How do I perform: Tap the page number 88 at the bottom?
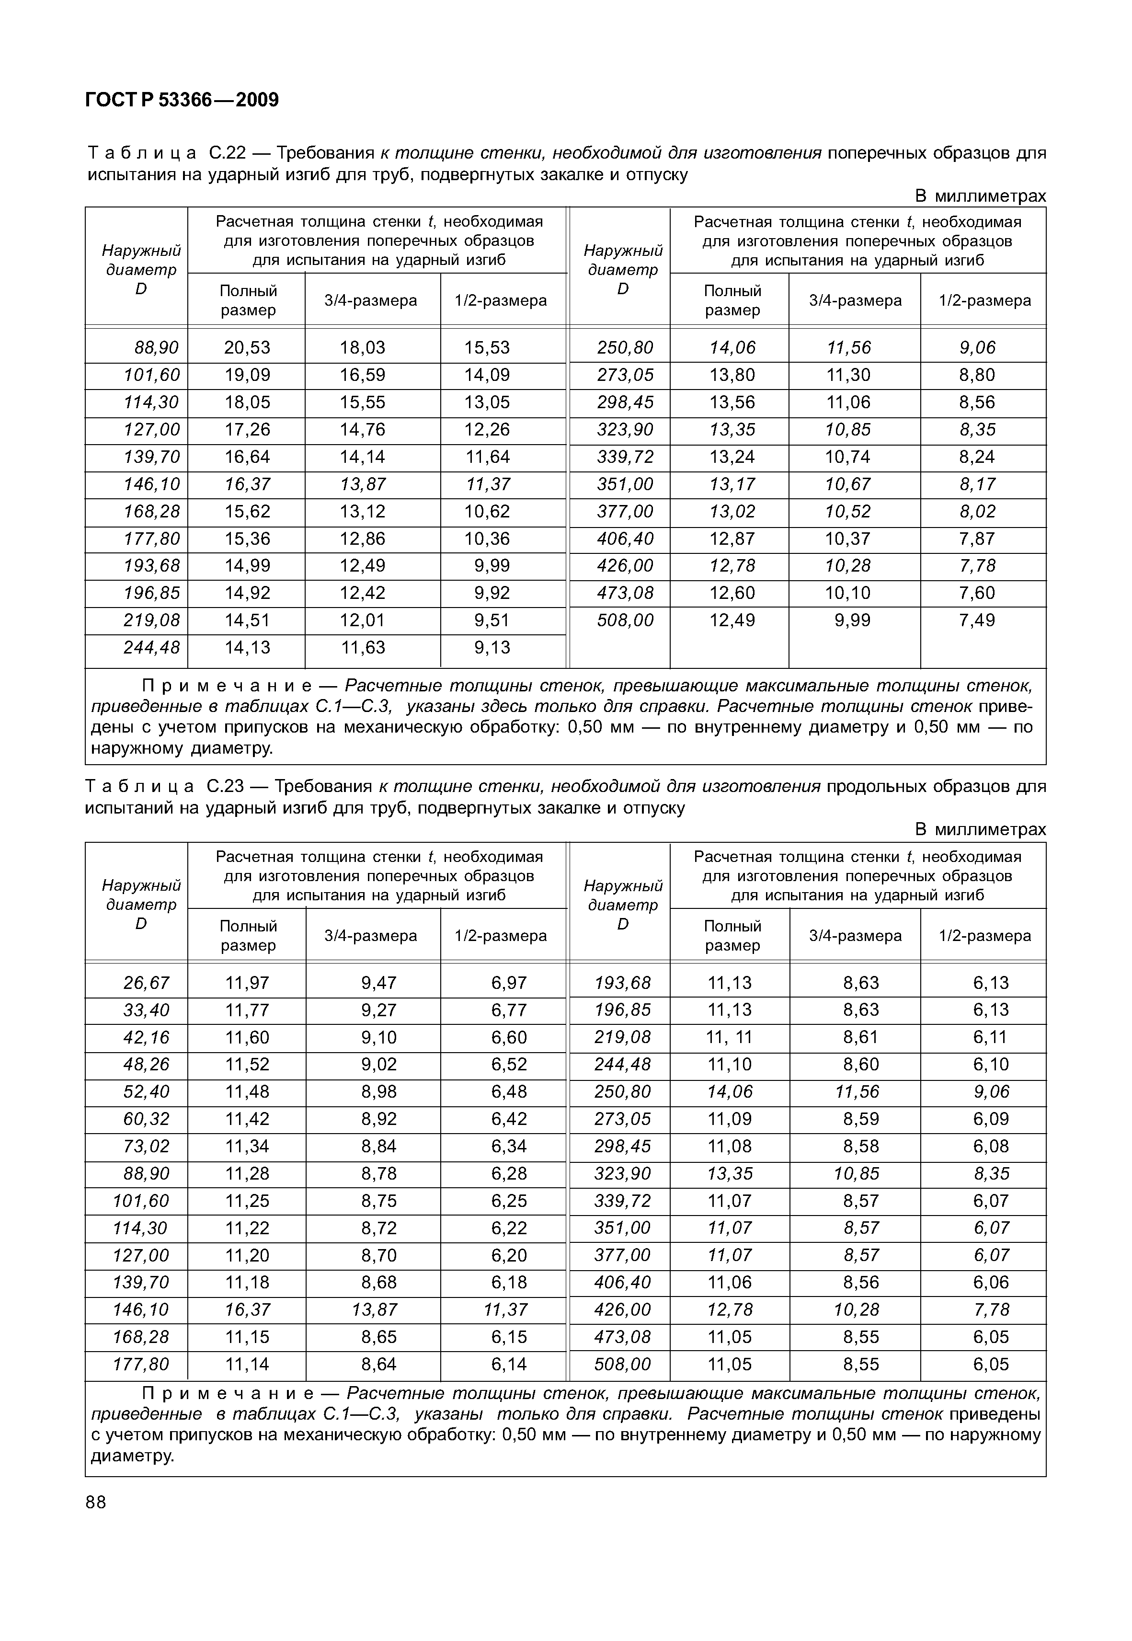click(96, 1502)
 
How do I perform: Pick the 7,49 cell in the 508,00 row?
click(977, 620)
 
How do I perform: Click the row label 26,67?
click(146, 983)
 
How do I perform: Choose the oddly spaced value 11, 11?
click(729, 1037)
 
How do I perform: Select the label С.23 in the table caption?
click(226, 786)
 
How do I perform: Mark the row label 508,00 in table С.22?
click(625, 620)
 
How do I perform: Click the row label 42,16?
click(146, 1037)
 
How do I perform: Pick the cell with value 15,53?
click(487, 347)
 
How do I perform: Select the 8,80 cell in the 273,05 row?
click(977, 375)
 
